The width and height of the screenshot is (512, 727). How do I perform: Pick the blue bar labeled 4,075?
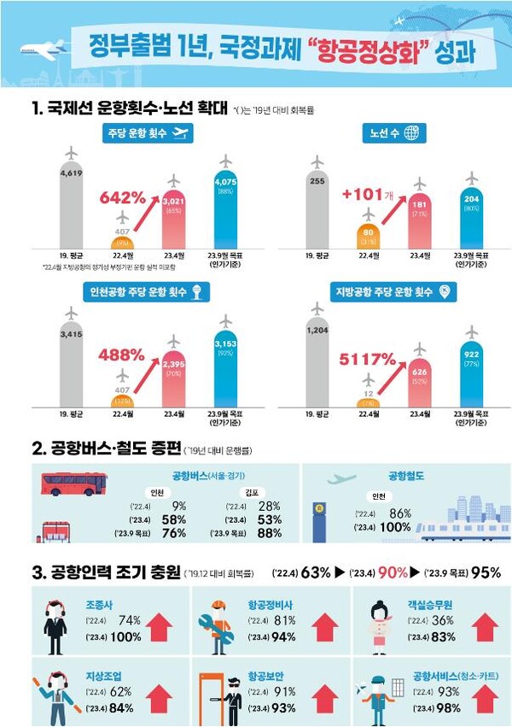pyautogui.click(x=226, y=209)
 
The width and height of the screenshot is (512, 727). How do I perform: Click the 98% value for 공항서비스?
pyautogui.click(x=448, y=707)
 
